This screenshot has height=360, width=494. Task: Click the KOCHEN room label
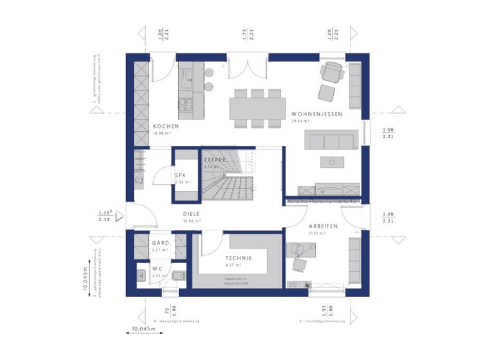click(165, 126)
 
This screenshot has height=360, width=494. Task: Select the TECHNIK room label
click(239, 257)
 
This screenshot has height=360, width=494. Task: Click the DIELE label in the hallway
click(191, 213)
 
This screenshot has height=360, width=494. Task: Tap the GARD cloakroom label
click(160, 243)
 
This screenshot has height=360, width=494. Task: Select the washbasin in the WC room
click(141, 277)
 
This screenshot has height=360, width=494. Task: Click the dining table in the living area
click(257, 106)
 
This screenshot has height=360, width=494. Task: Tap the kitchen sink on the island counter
click(185, 82)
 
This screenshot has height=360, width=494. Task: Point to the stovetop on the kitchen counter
click(183, 102)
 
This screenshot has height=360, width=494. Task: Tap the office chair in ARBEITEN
click(299, 262)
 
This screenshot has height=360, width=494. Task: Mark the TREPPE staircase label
click(214, 159)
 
